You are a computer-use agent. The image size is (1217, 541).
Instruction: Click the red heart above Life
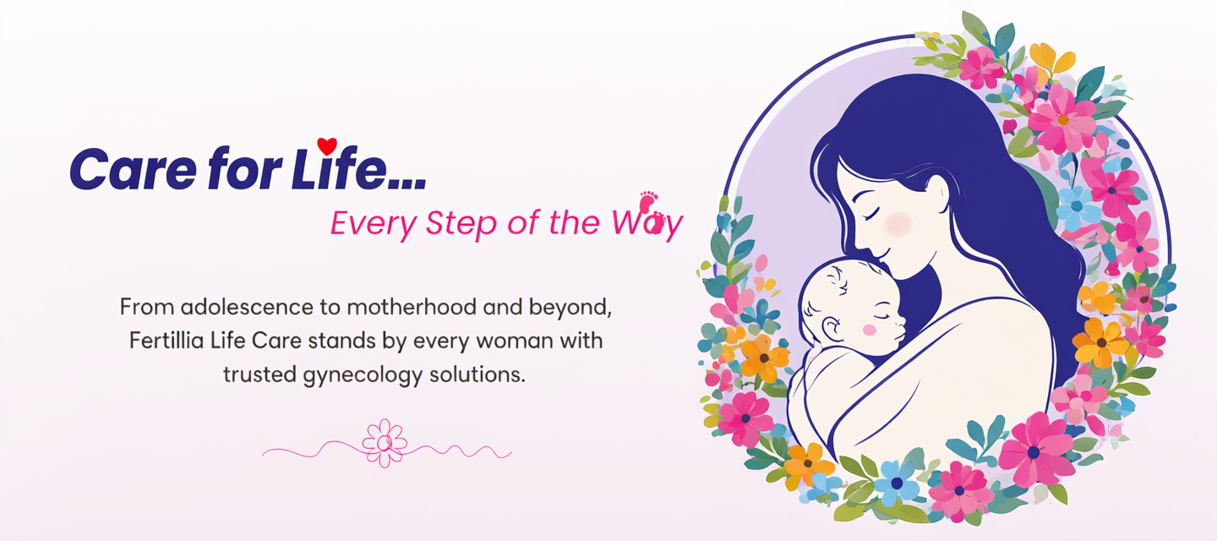pos(327,146)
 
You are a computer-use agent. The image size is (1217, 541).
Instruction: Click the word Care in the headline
pos(134,169)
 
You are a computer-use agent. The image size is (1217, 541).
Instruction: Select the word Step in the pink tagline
pos(461,223)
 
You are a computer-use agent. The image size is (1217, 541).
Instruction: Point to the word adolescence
pos(247,307)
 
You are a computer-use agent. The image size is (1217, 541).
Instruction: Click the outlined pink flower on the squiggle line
pos(385,443)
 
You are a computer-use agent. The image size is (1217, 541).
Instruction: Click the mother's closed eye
pos(870,214)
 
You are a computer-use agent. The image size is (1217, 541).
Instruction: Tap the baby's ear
pos(832,329)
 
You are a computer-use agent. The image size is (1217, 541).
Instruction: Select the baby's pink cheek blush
pos(870,330)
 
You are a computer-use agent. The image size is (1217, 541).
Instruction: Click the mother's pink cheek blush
pos(898,223)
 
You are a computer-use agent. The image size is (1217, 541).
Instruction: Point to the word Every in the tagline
pos(374,223)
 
